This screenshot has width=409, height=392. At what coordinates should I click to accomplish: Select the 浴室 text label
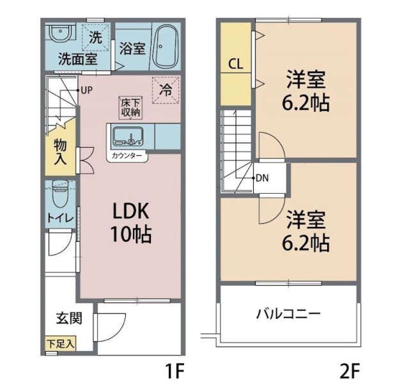click(133, 49)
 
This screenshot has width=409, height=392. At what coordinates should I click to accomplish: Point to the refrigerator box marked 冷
click(165, 91)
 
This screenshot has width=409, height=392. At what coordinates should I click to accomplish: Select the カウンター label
click(127, 155)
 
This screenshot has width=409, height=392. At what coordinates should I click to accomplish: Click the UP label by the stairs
click(87, 90)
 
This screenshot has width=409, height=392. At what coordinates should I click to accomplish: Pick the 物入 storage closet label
click(59, 151)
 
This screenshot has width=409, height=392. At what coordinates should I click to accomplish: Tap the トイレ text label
click(59, 217)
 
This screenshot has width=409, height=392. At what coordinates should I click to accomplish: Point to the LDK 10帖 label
click(132, 223)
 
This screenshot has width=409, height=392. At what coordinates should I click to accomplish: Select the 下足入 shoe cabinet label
click(60, 344)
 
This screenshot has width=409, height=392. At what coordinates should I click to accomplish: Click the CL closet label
click(235, 65)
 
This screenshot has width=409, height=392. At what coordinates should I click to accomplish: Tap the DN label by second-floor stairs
click(261, 178)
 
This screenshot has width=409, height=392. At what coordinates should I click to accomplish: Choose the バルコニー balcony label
click(288, 314)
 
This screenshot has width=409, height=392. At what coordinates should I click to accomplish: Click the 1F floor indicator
click(176, 371)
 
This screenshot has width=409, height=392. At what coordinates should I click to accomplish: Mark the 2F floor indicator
click(350, 371)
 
